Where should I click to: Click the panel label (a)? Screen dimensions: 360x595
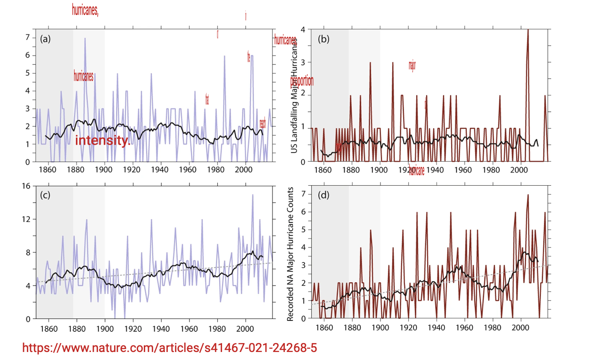tap(45, 39)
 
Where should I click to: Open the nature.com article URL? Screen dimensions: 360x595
tap(169, 348)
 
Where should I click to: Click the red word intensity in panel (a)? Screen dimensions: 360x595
tap(102, 140)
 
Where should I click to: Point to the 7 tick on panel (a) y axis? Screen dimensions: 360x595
tap(27, 38)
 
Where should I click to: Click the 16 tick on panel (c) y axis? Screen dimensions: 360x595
tap(26, 186)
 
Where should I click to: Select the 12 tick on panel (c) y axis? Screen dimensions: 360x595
tap(26, 219)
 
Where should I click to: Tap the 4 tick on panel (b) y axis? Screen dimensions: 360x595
tap(302, 29)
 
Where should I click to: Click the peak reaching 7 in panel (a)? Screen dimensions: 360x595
tap(85, 39)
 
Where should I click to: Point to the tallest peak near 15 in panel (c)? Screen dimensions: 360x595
tap(253, 195)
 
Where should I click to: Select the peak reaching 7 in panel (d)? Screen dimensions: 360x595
tap(528, 195)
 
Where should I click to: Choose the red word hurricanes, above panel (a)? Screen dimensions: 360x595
tap(85, 10)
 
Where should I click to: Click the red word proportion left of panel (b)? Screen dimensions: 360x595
tap(302, 81)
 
